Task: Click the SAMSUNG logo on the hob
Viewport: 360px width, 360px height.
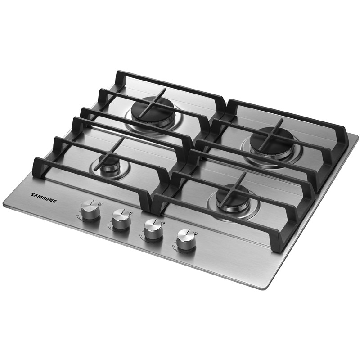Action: coord(43,198)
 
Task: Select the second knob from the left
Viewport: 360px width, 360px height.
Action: coord(121,219)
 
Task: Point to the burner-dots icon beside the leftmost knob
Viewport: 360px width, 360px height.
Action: coord(100,203)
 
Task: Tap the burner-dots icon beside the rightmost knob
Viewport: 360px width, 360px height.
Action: coord(195,233)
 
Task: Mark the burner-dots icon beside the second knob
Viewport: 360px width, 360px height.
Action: coord(131,213)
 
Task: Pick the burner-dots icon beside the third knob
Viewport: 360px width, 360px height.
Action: coord(163,223)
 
